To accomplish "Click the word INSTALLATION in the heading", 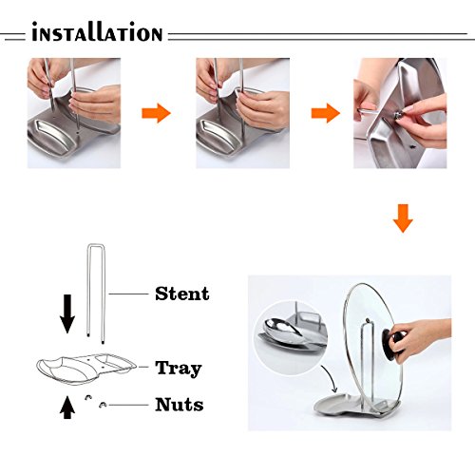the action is tap(97, 32).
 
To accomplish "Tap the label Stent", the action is tap(182, 294).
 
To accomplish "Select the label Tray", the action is tap(179, 369).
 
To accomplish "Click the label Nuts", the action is tap(180, 405).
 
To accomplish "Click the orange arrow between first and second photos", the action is tap(156, 113).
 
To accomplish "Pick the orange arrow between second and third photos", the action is tap(326, 113).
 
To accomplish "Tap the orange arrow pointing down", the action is tap(403, 218).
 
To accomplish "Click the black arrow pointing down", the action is tap(67, 313).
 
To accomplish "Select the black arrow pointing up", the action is tap(67, 408).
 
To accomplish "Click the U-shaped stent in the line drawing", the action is tap(88, 292).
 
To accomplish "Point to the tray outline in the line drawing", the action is tap(86, 370).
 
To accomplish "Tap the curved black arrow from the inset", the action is tap(331, 378).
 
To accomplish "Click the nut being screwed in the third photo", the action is tap(398, 115).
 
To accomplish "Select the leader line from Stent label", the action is tap(128, 294).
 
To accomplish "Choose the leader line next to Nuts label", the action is tap(128, 405).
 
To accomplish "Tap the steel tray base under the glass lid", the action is tap(354, 407).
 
